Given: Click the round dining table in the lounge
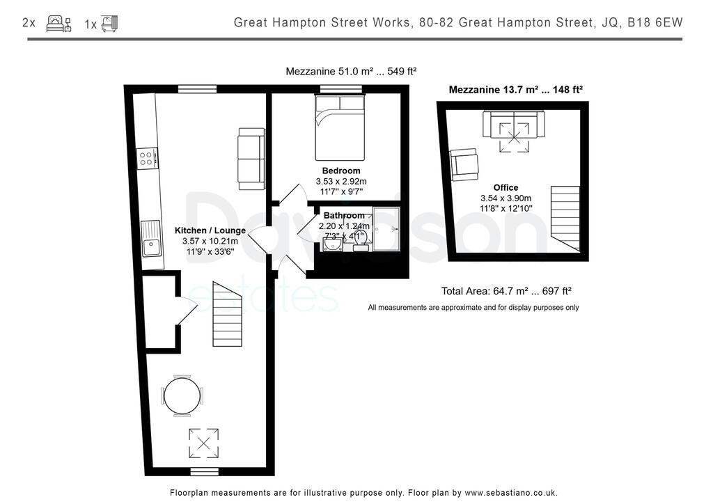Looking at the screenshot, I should [182, 396].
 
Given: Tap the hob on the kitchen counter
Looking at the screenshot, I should [146, 159].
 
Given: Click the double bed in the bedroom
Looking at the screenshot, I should [340, 128].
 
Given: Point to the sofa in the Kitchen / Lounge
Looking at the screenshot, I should [251, 159].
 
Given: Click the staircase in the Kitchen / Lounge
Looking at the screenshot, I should [226, 314].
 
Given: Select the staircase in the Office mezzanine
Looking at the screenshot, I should [565, 218].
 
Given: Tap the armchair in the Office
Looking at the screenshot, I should [464, 165].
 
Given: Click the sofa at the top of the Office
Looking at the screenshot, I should [515, 124].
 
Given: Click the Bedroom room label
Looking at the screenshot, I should [341, 171].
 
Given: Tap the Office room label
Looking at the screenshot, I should [506, 187].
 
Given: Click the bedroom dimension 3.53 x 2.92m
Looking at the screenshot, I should [341, 181].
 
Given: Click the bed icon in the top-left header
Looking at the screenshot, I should [58, 24].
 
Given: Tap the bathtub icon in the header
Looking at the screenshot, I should [109, 24].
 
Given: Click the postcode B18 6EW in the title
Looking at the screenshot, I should [655, 23].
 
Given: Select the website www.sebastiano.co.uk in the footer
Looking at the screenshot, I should [511, 493].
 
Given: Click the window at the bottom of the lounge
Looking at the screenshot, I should [205, 471].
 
